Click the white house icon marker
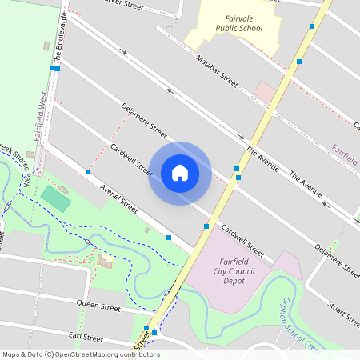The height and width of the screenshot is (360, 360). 180,173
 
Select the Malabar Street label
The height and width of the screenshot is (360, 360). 218,70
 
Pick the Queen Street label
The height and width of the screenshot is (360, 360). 98,306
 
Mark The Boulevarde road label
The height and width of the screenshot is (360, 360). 58,42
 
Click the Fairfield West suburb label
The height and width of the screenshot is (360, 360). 38,117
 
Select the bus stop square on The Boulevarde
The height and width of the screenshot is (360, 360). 54,69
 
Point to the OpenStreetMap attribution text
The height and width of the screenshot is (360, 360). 80,354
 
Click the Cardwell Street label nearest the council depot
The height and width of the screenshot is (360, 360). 243,238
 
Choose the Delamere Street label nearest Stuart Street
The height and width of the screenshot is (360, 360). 337,261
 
